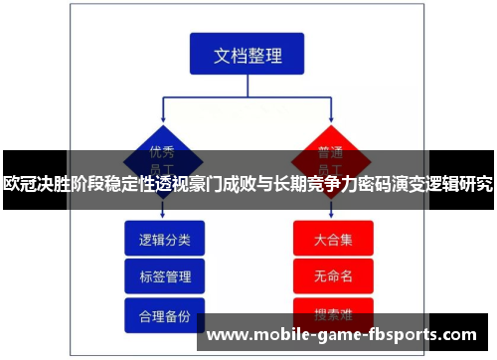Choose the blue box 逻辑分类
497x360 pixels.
click(x=164, y=239)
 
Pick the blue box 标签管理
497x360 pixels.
click(x=164, y=275)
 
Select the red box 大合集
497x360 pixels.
click(x=332, y=239)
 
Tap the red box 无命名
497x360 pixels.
click(x=332, y=275)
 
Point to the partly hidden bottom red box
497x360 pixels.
click(x=332, y=308)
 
